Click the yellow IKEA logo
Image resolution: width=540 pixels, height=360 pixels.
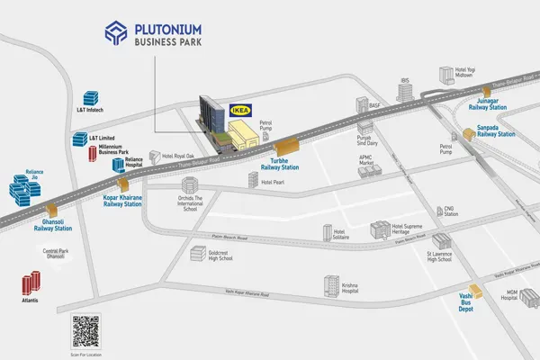tap(240, 110)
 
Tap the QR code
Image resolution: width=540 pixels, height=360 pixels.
tap(85, 333)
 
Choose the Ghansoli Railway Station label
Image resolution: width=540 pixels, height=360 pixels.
tap(52, 226)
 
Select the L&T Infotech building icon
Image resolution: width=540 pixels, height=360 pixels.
tap(90, 110)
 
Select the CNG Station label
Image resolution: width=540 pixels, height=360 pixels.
tap(451, 211)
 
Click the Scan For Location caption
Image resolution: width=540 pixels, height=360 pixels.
tap(85, 355)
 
